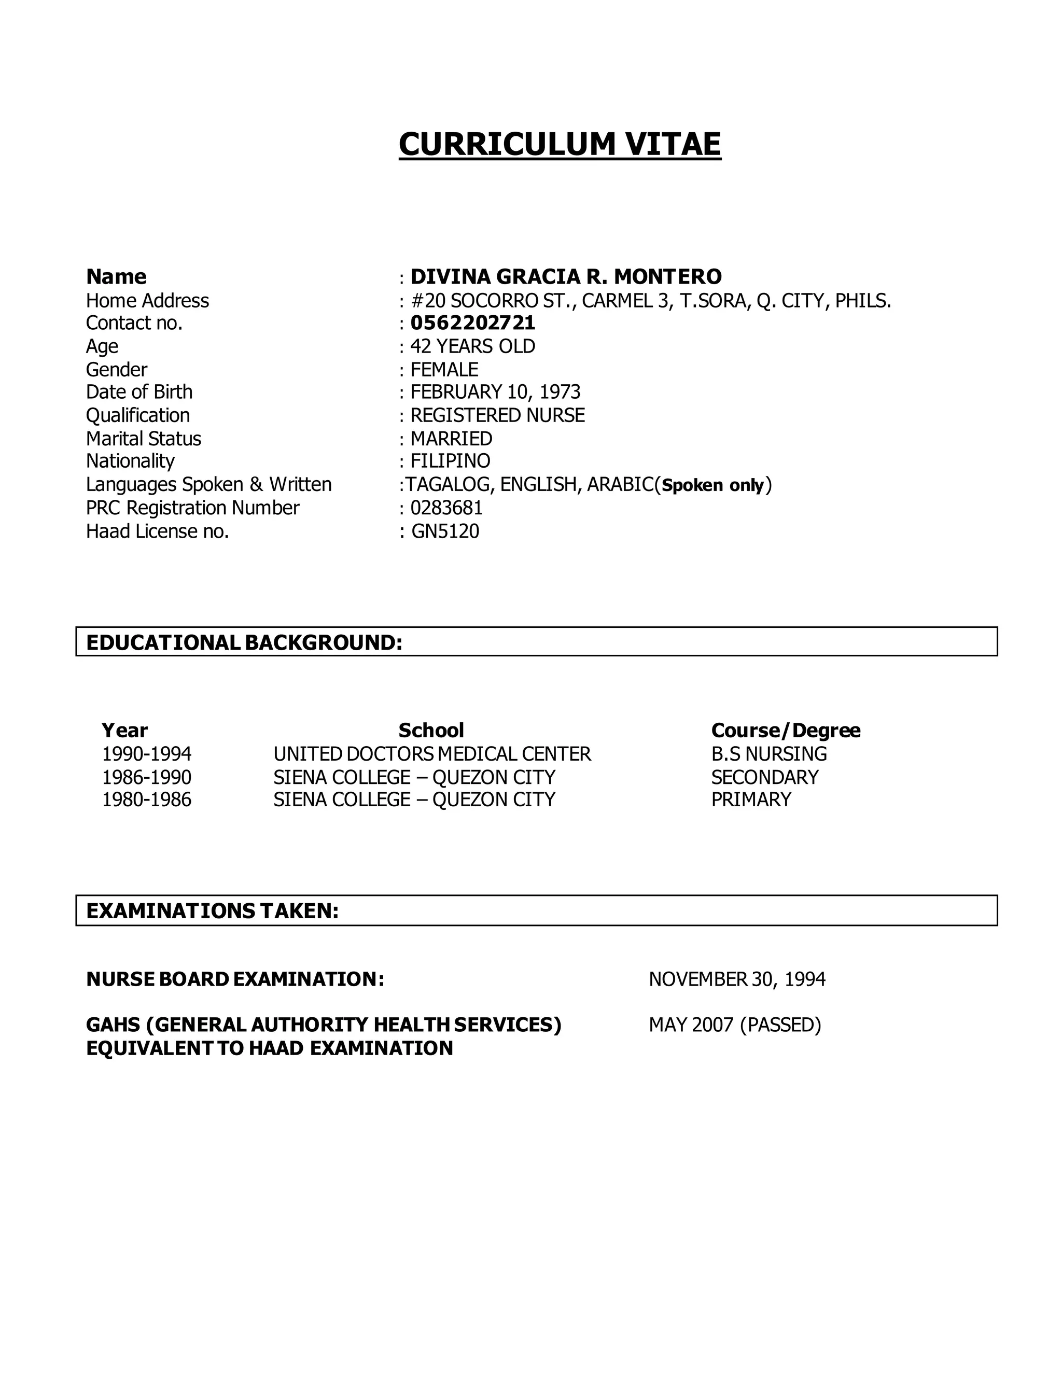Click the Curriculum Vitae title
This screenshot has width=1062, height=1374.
pos(560,144)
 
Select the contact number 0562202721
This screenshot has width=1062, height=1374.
pos(472,323)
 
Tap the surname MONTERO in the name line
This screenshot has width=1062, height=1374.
pos(667,277)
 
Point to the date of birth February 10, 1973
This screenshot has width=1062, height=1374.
pos(495,392)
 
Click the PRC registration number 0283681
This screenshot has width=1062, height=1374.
pos(446,508)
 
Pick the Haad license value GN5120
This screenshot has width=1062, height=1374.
pos(445,531)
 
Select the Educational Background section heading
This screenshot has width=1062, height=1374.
pos(244,642)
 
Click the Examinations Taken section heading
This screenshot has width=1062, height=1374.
pos(213,910)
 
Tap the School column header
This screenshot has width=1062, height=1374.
pos(431,731)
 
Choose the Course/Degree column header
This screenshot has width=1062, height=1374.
pos(786,731)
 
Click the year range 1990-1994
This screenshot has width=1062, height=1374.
pos(147,754)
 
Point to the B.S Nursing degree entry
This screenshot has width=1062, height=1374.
pos(769,754)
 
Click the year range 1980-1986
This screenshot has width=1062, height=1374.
pos(147,800)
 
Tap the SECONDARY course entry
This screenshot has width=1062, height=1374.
pos(764,777)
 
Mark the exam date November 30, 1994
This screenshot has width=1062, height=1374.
pos(737,979)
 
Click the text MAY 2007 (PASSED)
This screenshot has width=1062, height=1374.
pos(735,1025)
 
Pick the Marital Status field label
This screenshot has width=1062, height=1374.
pos(144,439)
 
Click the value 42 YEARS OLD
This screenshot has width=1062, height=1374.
pos(472,346)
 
